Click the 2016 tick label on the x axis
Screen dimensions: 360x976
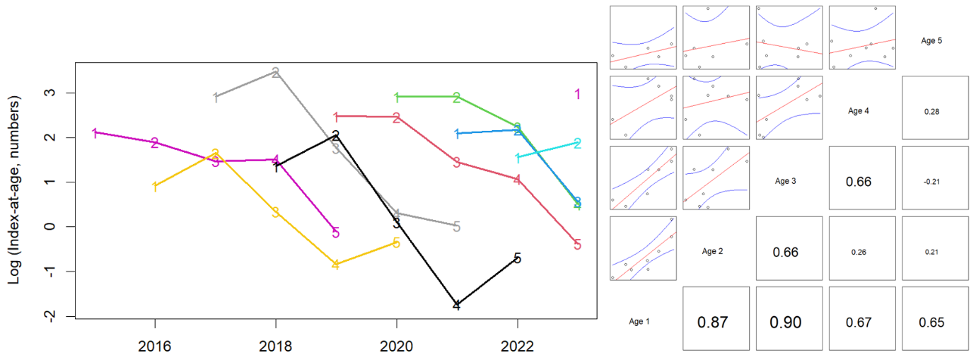tap(154, 347)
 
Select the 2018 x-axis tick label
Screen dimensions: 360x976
tap(275, 347)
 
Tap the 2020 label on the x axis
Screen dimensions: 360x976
tap(396, 347)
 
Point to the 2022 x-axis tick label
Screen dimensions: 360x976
tap(517, 347)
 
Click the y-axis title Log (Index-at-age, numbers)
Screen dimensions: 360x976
tap(14, 191)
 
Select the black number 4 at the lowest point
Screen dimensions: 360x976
tap(457, 306)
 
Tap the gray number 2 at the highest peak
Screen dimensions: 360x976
tap(275, 71)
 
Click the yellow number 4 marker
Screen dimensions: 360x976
tap(336, 265)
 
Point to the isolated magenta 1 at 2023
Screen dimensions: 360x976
tap(578, 94)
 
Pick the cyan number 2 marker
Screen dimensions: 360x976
tap(578, 144)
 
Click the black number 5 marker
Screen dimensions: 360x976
tap(517, 259)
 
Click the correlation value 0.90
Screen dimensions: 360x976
tap(786, 322)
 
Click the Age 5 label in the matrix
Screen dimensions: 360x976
tap(932, 41)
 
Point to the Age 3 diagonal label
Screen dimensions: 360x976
tap(786, 182)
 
